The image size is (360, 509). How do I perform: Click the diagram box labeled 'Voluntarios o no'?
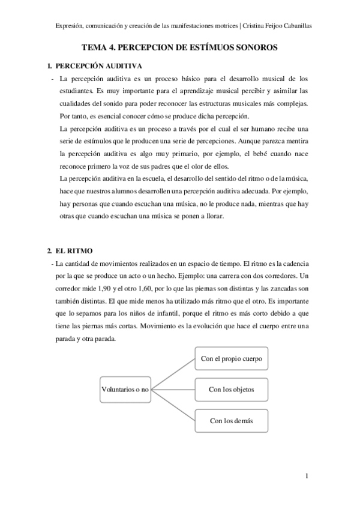[x=125, y=390]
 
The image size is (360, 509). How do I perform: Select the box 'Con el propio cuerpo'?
[x=231, y=359]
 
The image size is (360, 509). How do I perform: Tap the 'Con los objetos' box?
[x=231, y=390]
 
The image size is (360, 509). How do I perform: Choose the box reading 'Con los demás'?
[x=231, y=421]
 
